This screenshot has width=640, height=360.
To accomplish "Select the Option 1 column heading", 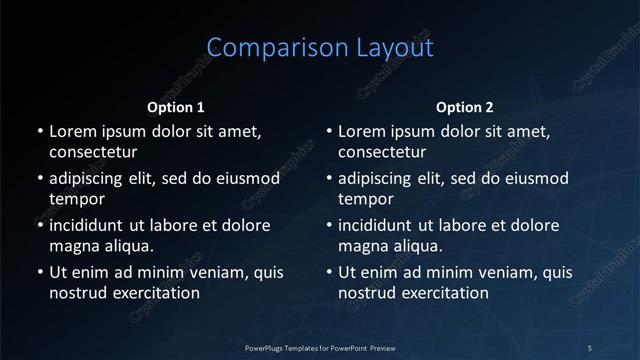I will click(x=176, y=107).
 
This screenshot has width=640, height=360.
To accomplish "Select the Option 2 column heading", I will click(x=465, y=107).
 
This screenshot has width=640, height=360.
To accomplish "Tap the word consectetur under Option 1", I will click(x=93, y=152).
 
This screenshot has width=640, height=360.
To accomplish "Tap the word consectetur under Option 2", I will click(x=382, y=152).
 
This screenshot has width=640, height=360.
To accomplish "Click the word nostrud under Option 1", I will click(x=77, y=293).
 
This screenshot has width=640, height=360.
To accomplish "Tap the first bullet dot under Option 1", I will click(x=40, y=132).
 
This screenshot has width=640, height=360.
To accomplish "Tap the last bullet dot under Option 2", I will click(x=329, y=273).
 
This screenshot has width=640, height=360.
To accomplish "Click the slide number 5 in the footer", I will click(x=590, y=347).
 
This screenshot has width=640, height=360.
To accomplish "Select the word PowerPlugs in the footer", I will click(x=265, y=347).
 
